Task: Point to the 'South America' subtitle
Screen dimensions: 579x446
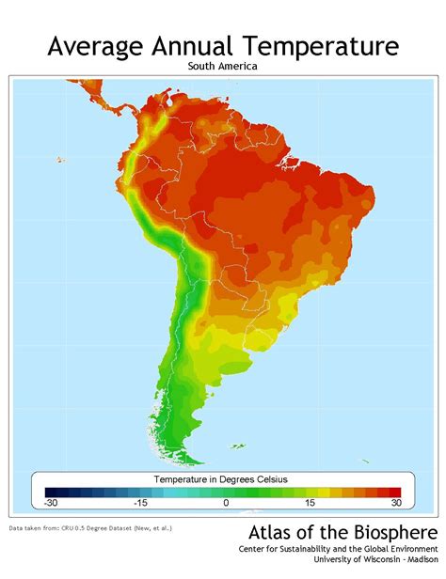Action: tap(223, 68)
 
